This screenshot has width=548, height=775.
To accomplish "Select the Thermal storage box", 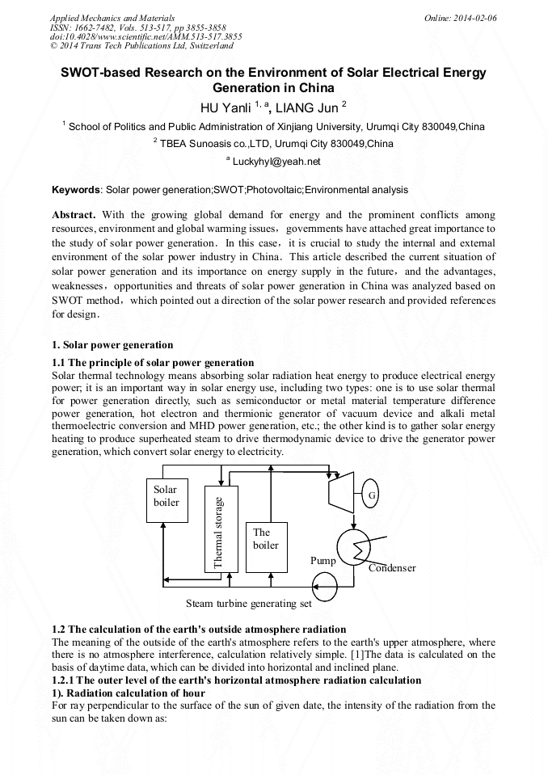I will (218, 529).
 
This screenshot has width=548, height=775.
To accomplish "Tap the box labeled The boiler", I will (266, 538).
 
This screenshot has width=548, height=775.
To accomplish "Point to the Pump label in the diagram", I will (323, 560).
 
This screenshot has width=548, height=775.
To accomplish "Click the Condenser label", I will (392, 568).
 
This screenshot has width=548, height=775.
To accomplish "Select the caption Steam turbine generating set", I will (249, 603).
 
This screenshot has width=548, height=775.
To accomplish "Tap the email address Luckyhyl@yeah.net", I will (276, 162).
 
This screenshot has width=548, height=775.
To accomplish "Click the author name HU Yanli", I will (226, 106).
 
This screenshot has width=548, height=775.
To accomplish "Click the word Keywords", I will (75, 190).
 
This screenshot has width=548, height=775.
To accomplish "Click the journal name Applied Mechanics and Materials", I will (112, 17).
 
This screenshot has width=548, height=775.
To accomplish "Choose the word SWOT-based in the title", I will (99, 73).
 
